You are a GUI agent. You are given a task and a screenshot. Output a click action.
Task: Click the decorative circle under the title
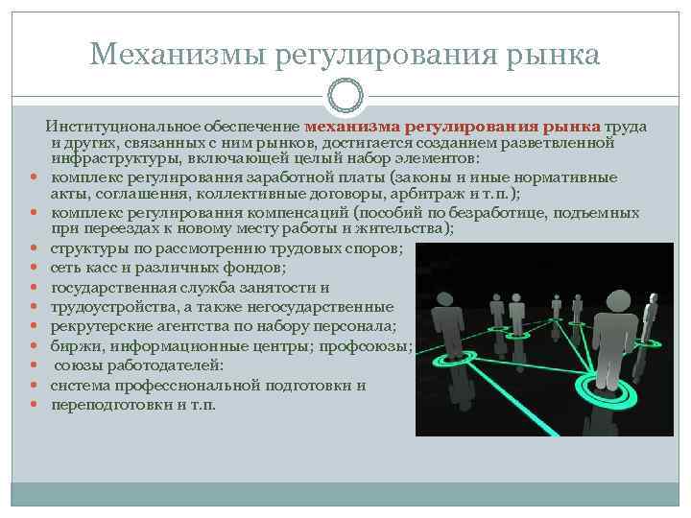pyautogui.click(x=345, y=95)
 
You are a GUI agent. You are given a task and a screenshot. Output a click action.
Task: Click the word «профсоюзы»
pyautogui.click(x=374, y=346)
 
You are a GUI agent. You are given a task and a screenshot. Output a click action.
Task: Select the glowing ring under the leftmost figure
pyautogui.click(x=442, y=362)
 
